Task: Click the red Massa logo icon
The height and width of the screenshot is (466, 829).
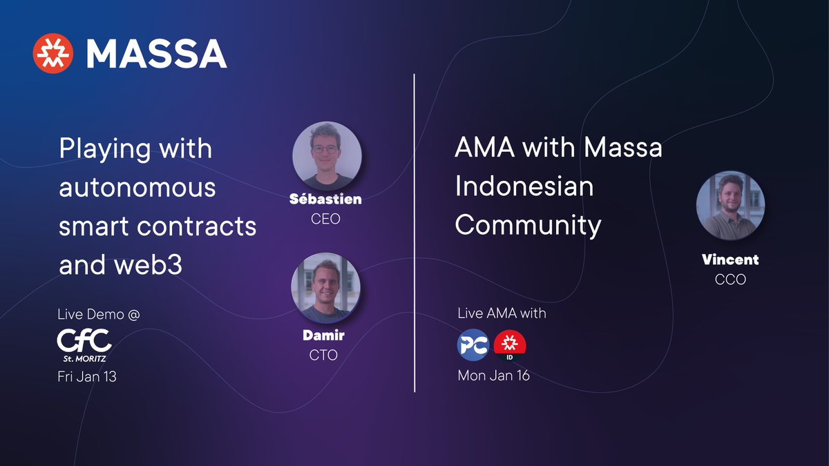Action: (x=53, y=54)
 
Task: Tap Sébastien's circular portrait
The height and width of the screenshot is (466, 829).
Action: (x=327, y=156)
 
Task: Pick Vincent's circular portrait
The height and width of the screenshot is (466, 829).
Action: (x=730, y=206)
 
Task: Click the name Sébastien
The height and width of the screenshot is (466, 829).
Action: (x=326, y=200)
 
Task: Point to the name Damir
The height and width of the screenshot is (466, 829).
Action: (x=324, y=336)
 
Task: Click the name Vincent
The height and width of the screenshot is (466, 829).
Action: (x=730, y=260)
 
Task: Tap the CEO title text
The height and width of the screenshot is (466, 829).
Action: (x=326, y=220)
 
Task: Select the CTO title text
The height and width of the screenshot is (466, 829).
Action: (x=324, y=356)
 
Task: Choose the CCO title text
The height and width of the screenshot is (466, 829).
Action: (x=730, y=280)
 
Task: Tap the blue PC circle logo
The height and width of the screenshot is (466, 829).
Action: (x=473, y=345)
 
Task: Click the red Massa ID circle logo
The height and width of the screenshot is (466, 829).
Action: (x=510, y=345)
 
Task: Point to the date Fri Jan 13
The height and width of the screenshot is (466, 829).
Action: (x=87, y=377)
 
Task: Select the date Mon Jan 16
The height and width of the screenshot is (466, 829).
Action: (x=493, y=376)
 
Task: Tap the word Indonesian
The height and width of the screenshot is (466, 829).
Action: (x=524, y=186)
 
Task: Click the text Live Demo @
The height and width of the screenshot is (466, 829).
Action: (x=99, y=315)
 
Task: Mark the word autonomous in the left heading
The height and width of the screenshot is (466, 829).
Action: (x=137, y=187)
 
